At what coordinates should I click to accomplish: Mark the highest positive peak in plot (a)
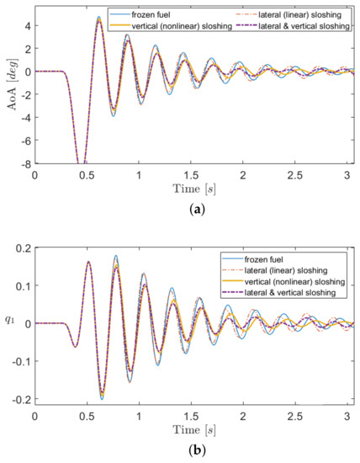98,17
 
